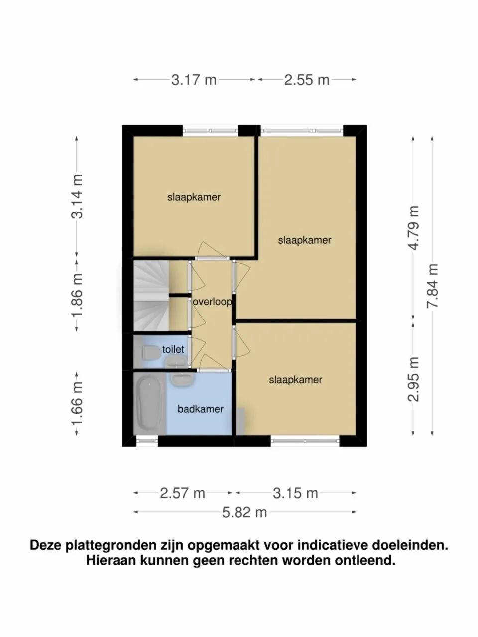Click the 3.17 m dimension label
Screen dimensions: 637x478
(194, 80)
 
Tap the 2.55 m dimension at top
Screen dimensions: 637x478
(307, 80)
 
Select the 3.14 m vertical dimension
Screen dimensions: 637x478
(77, 197)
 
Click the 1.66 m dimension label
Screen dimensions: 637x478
(77, 404)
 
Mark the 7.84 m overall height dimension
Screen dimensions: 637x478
(433, 286)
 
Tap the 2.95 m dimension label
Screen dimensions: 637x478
(413, 379)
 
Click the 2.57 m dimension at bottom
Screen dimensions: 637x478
(182, 493)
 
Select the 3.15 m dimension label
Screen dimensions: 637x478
(295, 493)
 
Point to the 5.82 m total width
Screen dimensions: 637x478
(244, 512)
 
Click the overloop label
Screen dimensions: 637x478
(213, 302)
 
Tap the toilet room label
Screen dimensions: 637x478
(173, 350)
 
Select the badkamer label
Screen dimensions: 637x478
(200, 409)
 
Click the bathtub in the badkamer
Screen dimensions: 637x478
(148, 404)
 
